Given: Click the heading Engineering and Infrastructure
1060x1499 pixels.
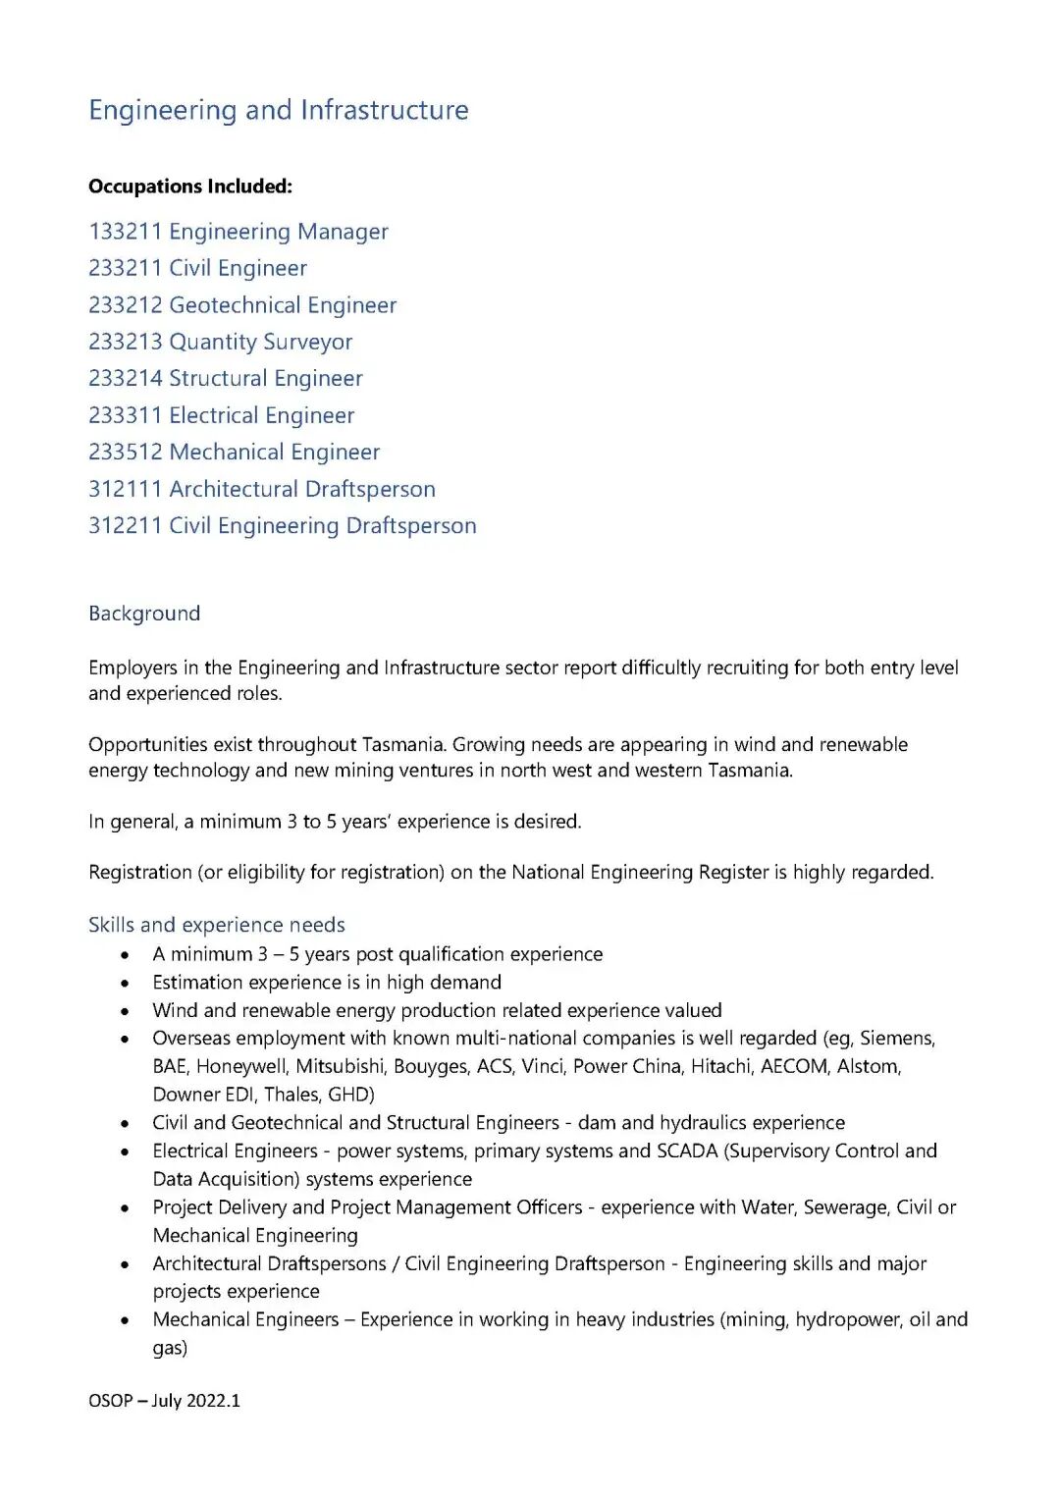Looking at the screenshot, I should [279, 110].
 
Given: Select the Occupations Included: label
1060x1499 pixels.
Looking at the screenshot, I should [190, 187].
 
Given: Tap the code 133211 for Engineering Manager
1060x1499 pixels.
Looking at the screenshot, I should [125, 232].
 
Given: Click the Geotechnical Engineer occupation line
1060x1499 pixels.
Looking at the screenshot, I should [242, 305].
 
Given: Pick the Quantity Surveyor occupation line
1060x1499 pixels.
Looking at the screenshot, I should [220, 342].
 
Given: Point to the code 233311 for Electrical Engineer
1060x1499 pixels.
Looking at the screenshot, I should [125, 415].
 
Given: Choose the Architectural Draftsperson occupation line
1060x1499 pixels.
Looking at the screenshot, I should [262, 489].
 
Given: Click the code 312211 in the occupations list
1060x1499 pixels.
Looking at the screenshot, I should [125, 526].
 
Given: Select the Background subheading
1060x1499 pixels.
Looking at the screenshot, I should [144, 614].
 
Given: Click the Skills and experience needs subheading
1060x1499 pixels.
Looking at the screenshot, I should [217, 925].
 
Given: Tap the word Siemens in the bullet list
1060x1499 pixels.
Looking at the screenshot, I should [896, 1039].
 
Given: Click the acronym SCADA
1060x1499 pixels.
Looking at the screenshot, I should [686, 1151].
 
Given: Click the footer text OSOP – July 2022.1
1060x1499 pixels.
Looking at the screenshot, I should [164, 1401].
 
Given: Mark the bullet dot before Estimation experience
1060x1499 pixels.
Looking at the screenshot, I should [125, 983].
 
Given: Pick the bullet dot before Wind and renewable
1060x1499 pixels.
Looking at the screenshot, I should [125, 1011].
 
